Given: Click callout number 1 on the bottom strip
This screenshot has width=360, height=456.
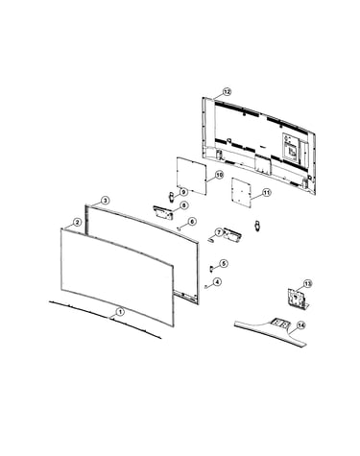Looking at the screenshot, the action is [120, 311].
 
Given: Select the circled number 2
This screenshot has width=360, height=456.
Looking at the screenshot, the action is [77, 222].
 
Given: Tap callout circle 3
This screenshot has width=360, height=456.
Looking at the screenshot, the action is [105, 201].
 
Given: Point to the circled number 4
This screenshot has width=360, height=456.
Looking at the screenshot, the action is [217, 282].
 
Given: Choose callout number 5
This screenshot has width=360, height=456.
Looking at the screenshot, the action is [224, 264].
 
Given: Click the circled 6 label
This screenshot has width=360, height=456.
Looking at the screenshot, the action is [192, 222].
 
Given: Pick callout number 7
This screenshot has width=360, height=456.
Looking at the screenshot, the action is [219, 232].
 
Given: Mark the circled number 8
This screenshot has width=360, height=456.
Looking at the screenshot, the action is [183, 205].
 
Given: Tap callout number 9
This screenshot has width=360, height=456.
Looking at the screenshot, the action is [183, 192].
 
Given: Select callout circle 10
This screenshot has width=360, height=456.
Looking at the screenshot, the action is [219, 175].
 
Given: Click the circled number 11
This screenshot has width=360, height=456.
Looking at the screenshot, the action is [266, 193].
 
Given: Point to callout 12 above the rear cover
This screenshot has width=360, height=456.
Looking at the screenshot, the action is [227, 92].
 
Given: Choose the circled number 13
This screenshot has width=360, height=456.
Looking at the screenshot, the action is [307, 283].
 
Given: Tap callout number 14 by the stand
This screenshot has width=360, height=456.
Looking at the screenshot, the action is [300, 325].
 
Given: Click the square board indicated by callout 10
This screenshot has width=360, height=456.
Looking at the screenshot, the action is [191, 176].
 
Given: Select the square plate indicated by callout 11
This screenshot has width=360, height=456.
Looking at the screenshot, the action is [241, 193].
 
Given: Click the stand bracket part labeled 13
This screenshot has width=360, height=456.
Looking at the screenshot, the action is [298, 299].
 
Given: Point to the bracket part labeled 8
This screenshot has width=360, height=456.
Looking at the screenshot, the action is [163, 212].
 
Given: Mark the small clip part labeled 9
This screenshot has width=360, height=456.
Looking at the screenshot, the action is [172, 196].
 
